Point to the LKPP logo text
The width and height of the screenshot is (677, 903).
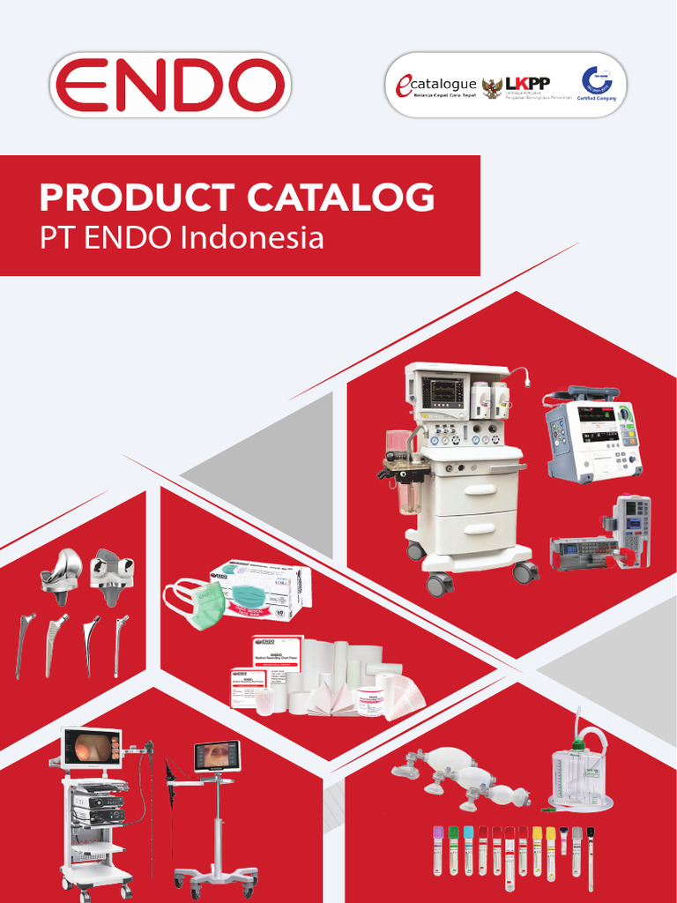pyautogui.click(x=528, y=83)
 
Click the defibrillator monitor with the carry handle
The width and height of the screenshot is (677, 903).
pyautogui.click(x=591, y=437)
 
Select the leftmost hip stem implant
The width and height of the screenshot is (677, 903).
pyautogui.click(x=24, y=644)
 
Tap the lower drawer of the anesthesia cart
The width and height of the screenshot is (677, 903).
pyautogui.click(x=476, y=532)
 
